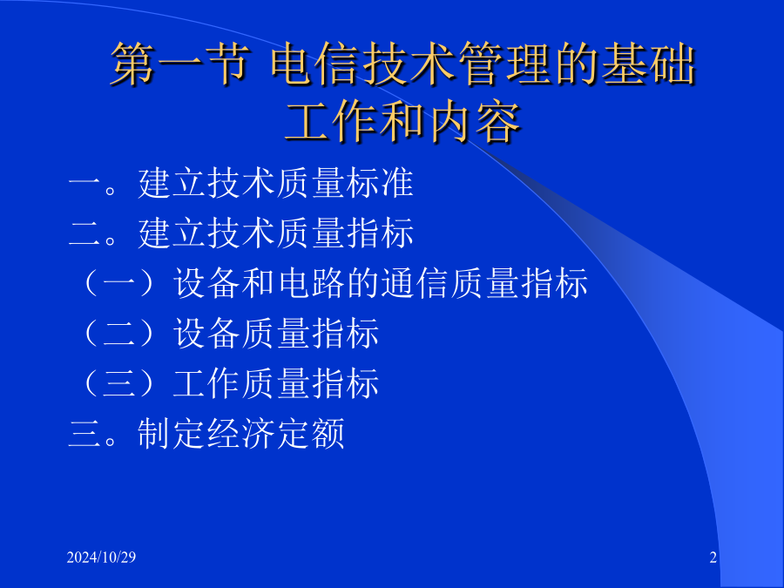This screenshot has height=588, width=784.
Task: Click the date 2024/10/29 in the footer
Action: click(x=101, y=557)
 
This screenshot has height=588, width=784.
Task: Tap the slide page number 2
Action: click(x=713, y=557)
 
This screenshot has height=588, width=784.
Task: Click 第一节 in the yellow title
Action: click(x=179, y=64)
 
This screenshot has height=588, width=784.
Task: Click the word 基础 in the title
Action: click(x=648, y=64)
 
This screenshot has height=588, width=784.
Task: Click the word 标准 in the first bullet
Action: click(x=380, y=183)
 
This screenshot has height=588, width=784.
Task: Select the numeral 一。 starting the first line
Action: click(x=93, y=184)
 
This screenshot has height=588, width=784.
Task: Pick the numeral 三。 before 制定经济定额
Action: click(x=93, y=434)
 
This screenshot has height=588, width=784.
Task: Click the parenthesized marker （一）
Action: click(x=120, y=283)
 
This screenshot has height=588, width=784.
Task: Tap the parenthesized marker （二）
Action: click(x=120, y=333)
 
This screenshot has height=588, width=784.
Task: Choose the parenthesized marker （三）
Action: click(x=120, y=383)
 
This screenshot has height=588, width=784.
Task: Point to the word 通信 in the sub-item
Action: click(x=415, y=283)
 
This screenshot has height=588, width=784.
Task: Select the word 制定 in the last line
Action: click(x=171, y=433)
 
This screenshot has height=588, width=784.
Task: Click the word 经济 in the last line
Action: click(x=240, y=433)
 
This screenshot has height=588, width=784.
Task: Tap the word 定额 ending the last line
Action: click(x=310, y=433)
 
